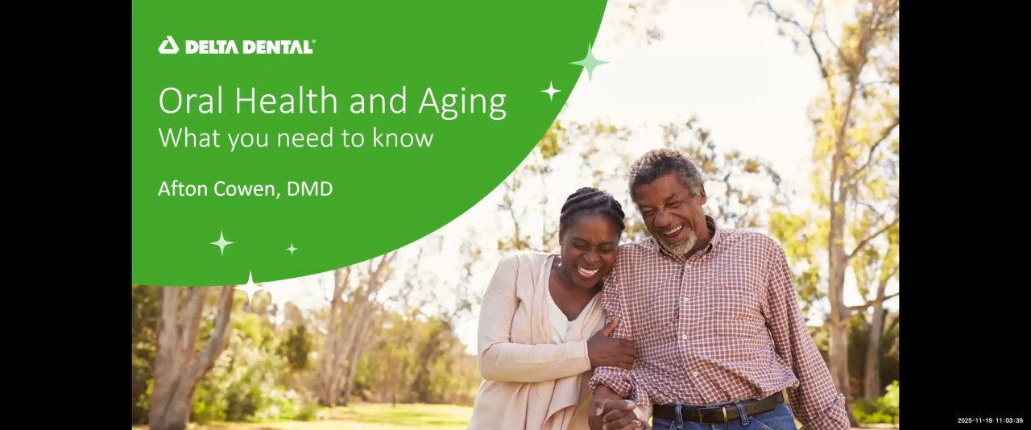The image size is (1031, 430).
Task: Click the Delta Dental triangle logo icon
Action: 168,46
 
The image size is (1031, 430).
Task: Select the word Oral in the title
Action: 187,102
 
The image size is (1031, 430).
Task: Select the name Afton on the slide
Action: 184,189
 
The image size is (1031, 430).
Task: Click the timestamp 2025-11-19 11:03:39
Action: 990,420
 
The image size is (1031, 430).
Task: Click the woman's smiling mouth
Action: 587,272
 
